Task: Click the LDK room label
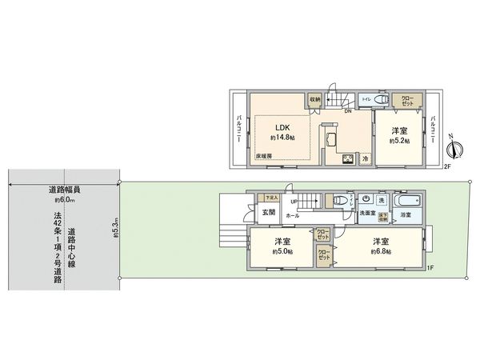tap(282, 127)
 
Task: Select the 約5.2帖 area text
tap(399, 141)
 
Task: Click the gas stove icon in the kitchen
tap(349, 159)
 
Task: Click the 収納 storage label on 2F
tap(315, 99)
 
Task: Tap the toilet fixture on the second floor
tap(379, 100)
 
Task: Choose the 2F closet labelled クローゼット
tap(407, 102)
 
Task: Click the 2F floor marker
tap(449, 168)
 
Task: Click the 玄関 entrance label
tap(268, 212)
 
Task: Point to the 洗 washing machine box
tap(381, 199)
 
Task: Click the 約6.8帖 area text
tap(381, 251)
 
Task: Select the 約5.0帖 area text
tap(282, 251)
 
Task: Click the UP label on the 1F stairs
tap(294, 200)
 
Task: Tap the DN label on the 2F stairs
tap(348, 111)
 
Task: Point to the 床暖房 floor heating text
tap(264, 155)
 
